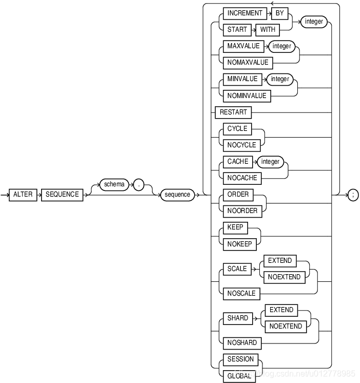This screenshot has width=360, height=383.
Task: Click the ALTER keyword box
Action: tap(23, 195)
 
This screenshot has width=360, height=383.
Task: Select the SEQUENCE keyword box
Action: tap(62, 195)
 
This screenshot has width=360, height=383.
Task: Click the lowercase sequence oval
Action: tap(177, 195)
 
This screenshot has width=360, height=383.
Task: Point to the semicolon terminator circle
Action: tap(353, 195)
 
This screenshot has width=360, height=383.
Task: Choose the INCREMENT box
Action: tap(245, 13)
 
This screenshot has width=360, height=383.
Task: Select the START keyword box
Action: tap(237, 30)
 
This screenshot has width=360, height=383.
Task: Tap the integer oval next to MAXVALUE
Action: tap(281, 46)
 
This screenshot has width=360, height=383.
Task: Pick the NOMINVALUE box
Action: tap(247, 95)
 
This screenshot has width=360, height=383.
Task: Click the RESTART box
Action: tap(234, 112)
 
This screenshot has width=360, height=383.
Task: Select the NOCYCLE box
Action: tap(241, 145)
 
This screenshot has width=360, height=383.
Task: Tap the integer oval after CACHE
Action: tap(270, 162)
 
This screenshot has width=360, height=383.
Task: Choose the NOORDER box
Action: tap(242, 210)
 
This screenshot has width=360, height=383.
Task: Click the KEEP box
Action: tap(235, 227)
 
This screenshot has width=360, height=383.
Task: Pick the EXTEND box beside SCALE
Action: tap(280, 261)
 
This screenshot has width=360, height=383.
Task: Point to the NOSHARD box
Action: tap(242, 343)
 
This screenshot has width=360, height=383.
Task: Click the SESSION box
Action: tap(240, 359)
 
